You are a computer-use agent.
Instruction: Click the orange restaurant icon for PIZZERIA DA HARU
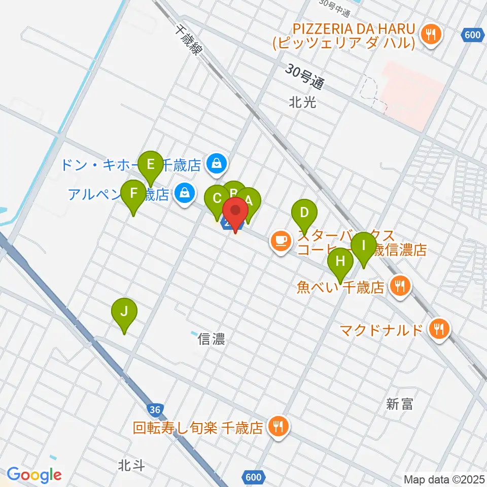click(432, 34)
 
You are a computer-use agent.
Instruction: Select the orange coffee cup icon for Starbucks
click(280, 239)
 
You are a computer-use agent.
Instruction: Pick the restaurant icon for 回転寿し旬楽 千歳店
click(277, 427)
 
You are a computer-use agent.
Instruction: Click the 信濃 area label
click(212, 339)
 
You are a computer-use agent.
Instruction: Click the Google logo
click(34, 475)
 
